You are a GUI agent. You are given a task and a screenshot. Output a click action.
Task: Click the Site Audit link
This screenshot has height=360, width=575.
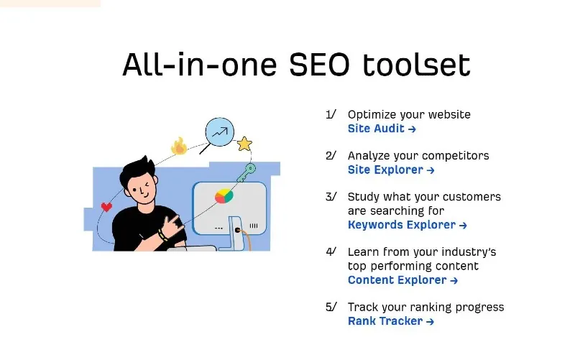(x=382, y=129)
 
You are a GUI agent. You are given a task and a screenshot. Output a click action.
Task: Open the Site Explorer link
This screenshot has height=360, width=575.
(x=391, y=170)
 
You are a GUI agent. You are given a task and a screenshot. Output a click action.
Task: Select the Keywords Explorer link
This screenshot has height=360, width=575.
(x=407, y=225)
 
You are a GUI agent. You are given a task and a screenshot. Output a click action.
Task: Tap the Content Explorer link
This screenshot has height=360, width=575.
(x=402, y=280)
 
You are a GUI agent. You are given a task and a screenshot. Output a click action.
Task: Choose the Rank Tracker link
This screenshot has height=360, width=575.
(x=391, y=321)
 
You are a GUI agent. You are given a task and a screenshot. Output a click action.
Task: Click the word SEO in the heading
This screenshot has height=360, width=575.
(x=319, y=65)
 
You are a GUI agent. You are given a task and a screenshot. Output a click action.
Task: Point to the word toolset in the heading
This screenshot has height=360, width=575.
(x=416, y=65)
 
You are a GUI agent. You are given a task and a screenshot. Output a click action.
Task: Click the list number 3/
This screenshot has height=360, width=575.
(x=331, y=197)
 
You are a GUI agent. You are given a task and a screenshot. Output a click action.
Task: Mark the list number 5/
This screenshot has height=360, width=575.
(x=331, y=307)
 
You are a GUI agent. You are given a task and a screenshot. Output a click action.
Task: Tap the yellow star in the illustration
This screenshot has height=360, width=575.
(x=244, y=144)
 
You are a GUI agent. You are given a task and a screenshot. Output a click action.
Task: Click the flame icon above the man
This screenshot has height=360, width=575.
(x=179, y=146)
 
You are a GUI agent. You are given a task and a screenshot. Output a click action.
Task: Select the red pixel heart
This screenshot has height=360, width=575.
(x=106, y=207)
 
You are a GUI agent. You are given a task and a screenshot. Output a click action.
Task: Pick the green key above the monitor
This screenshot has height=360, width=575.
(x=247, y=172)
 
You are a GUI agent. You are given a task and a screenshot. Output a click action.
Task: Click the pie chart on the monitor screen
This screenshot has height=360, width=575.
(x=224, y=196)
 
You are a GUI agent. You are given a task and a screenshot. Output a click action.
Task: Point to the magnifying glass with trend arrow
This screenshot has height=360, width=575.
(x=219, y=133)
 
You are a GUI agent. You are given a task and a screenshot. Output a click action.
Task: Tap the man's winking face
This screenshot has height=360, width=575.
(x=142, y=189)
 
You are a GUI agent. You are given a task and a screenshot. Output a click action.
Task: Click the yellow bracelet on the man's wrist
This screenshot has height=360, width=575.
(x=163, y=235)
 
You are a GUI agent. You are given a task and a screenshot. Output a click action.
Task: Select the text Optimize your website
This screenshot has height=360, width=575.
(x=409, y=115)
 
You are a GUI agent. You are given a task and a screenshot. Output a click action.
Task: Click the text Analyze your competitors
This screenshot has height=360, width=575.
(x=418, y=156)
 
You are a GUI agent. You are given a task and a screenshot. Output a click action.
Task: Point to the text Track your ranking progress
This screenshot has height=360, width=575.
(x=425, y=308)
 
